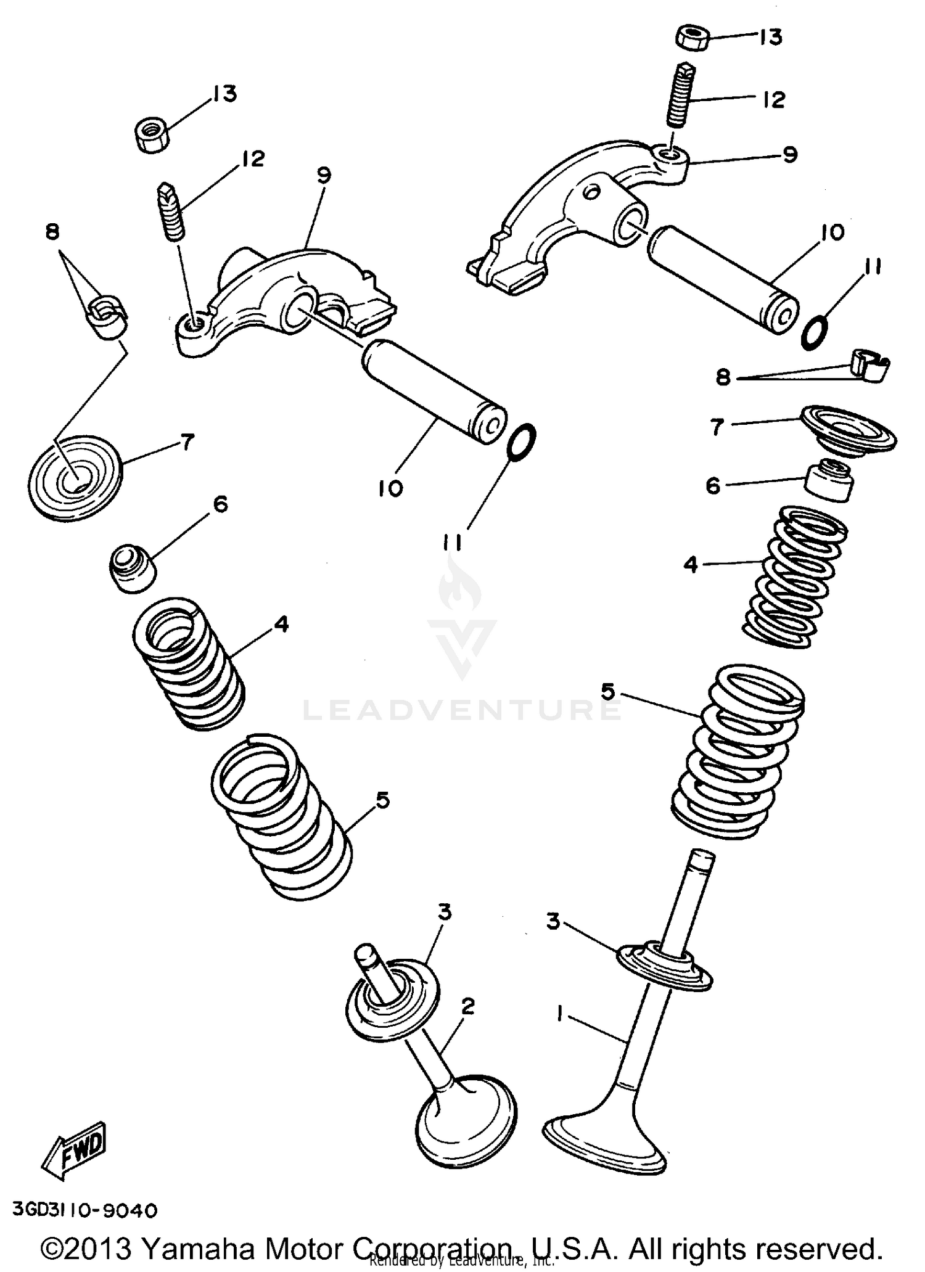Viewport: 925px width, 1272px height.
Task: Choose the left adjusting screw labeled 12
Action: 171,211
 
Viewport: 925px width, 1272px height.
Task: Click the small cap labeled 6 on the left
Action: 133,567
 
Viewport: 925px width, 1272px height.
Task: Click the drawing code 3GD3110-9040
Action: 84,1210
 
